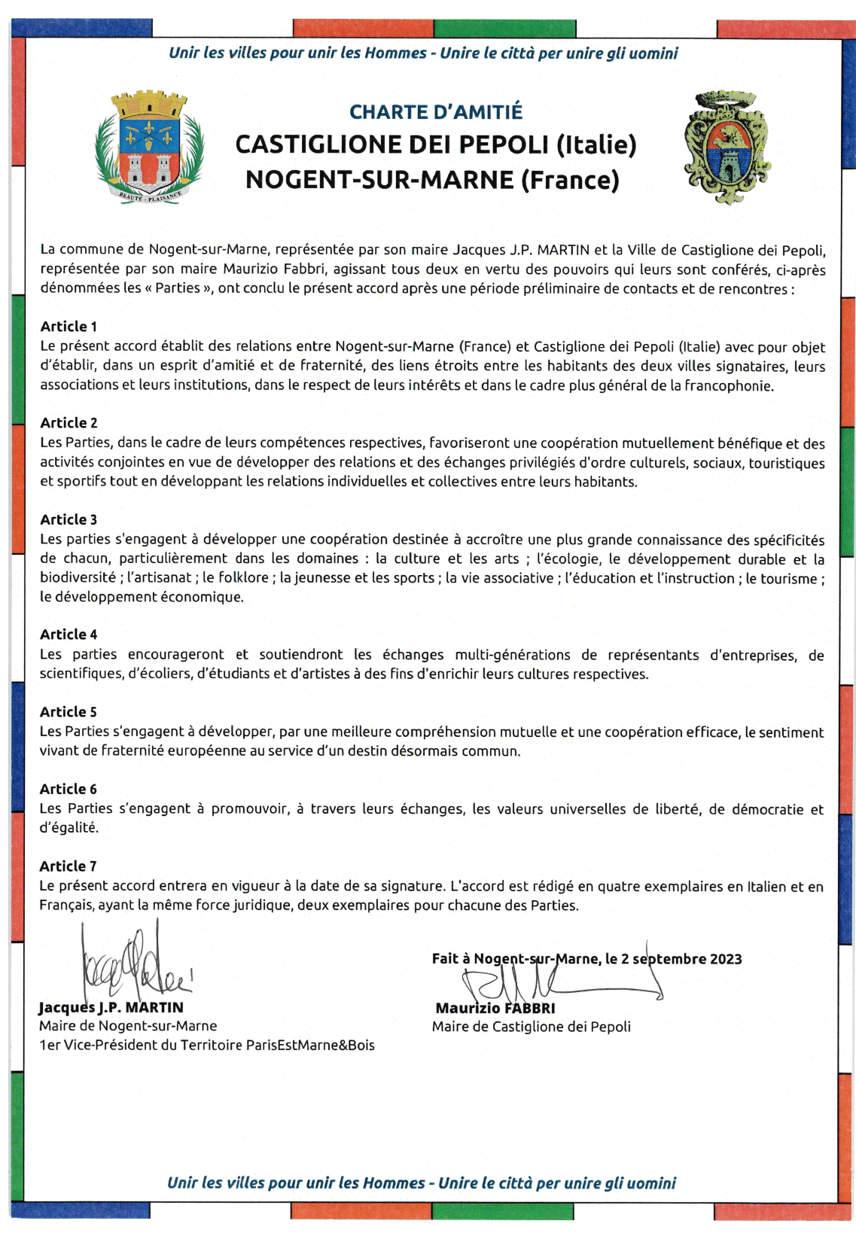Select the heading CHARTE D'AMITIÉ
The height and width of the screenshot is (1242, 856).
435,112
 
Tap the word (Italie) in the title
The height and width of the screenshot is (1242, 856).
596,144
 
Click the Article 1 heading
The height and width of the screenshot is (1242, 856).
69,327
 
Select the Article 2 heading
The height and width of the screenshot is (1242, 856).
69,423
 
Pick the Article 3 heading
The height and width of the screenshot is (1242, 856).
69,519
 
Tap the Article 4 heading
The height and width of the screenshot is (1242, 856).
69,635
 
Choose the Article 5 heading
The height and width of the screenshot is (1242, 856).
69,712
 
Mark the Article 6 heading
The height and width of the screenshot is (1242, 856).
69,789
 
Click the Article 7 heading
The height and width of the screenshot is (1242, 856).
69,866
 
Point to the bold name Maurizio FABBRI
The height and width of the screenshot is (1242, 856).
495,1008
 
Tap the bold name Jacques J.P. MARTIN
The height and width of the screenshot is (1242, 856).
111,1007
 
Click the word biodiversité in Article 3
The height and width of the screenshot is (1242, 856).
78,578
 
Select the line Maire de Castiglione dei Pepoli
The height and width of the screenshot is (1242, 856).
531,1027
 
